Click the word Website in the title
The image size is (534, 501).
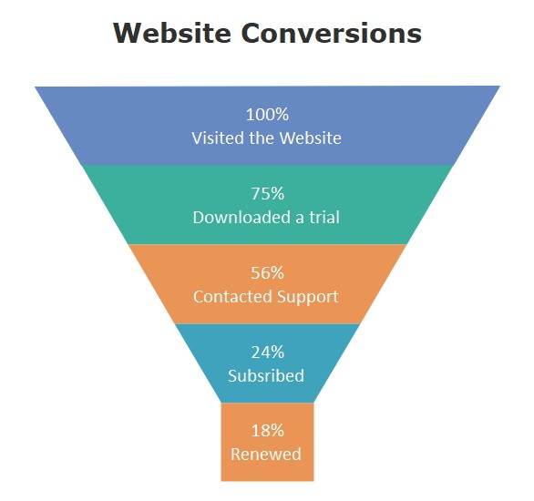click(x=172, y=33)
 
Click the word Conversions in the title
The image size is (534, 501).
click(x=332, y=33)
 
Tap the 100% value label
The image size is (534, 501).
click(x=267, y=115)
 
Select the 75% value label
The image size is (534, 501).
click(x=267, y=193)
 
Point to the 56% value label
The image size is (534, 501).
click(x=267, y=272)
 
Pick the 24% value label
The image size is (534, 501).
click(x=267, y=352)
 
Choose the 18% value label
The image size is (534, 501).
click(x=267, y=431)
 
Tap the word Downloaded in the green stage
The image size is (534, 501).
click(x=242, y=217)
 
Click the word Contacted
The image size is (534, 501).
click(x=233, y=296)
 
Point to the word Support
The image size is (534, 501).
click(x=307, y=297)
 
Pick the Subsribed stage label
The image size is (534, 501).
click(x=266, y=375)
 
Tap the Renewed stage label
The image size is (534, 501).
click(x=266, y=454)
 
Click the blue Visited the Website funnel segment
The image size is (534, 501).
click(x=267, y=126)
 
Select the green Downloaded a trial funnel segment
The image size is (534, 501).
click(x=267, y=205)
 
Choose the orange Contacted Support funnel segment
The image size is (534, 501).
click(x=267, y=284)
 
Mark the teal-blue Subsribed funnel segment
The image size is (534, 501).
click(x=267, y=363)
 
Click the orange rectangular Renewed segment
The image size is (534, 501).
click(x=267, y=442)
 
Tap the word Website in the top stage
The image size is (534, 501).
click(x=310, y=138)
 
